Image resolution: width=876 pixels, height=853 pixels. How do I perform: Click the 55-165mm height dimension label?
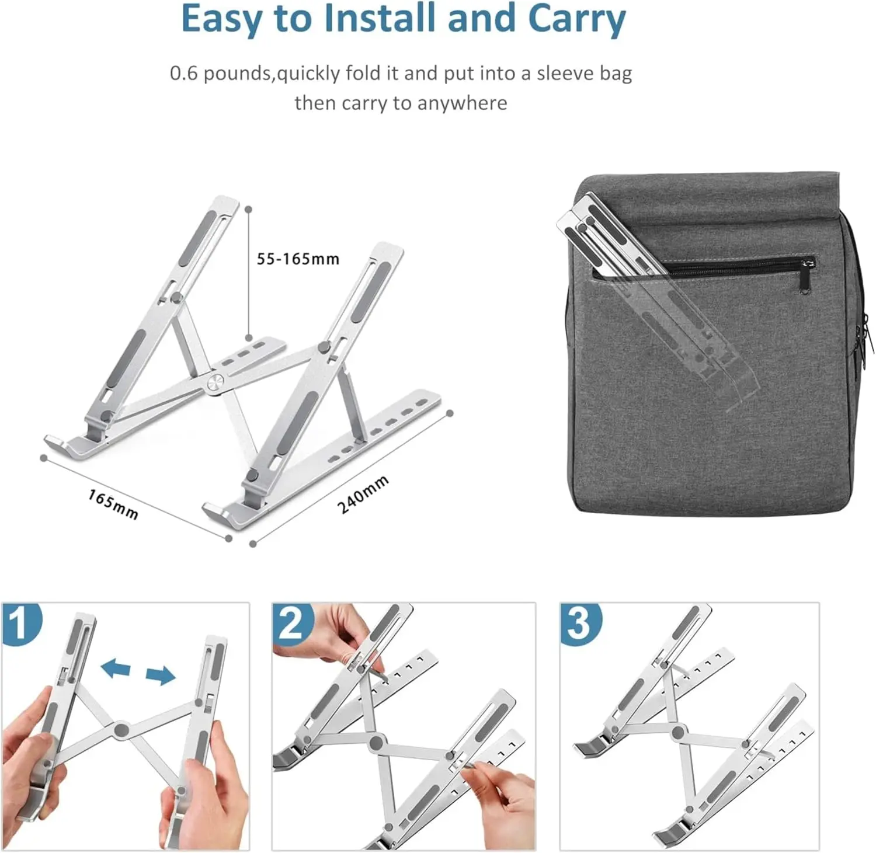[298, 259]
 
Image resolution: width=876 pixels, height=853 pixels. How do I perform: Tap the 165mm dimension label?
[113, 504]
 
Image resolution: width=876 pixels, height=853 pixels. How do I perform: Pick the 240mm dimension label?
[363, 495]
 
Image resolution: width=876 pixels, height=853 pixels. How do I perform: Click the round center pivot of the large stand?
[214, 384]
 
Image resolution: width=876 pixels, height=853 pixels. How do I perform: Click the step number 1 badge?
[22, 623]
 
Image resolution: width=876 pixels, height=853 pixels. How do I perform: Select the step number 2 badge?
[292, 623]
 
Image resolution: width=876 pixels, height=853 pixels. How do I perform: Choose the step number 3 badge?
[580, 623]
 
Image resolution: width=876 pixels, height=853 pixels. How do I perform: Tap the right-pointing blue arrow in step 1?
[160, 675]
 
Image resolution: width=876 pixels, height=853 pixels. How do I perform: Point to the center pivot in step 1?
[121, 729]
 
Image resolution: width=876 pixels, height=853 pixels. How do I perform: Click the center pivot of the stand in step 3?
[678, 732]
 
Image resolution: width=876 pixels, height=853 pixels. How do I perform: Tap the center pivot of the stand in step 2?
[376, 742]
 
